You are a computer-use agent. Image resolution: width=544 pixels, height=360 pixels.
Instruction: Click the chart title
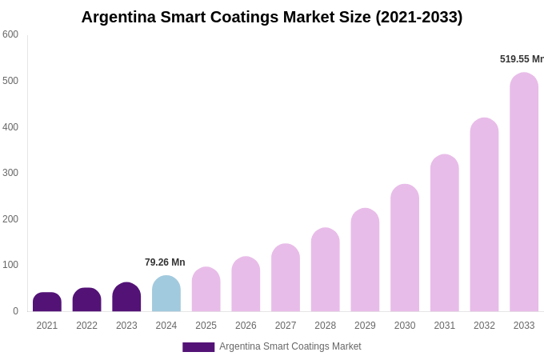[x=272, y=17]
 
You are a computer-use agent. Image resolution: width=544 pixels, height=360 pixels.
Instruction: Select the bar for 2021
[x=47, y=302]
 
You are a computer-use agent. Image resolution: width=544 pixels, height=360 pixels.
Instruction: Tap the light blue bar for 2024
[x=166, y=294]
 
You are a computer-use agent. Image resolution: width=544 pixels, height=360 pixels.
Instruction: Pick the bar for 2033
[x=524, y=192]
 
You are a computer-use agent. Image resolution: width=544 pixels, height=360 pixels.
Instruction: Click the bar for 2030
[x=405, y=248]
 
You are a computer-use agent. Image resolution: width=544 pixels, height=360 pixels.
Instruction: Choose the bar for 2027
[x=286, y=278]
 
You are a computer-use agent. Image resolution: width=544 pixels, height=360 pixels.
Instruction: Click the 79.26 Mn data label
[x=165, y=262]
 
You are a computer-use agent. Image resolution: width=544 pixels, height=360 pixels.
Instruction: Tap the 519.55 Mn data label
[x=522, y=59]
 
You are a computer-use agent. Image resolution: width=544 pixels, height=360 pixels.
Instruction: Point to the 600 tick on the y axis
[x=10, y=34]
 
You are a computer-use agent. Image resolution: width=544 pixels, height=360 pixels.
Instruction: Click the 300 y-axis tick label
[x=10, y=173]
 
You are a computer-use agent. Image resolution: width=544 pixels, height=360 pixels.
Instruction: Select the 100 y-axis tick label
[x=10, y=265]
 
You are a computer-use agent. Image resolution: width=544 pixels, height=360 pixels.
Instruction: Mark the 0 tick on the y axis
[x=14, y=311]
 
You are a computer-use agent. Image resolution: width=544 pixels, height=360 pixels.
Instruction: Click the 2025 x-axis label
[x=206, y=326]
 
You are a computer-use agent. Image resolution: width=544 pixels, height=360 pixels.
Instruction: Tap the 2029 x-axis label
[x=365, y=326]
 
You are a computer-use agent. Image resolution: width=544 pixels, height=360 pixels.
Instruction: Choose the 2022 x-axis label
[x=86, y=326]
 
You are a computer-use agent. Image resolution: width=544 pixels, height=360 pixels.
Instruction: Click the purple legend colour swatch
[x=198, y=347]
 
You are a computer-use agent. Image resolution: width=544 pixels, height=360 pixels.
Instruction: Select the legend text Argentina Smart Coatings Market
[x=290, y=346]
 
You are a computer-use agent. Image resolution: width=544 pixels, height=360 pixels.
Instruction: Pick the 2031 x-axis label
[x=445, y=326]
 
